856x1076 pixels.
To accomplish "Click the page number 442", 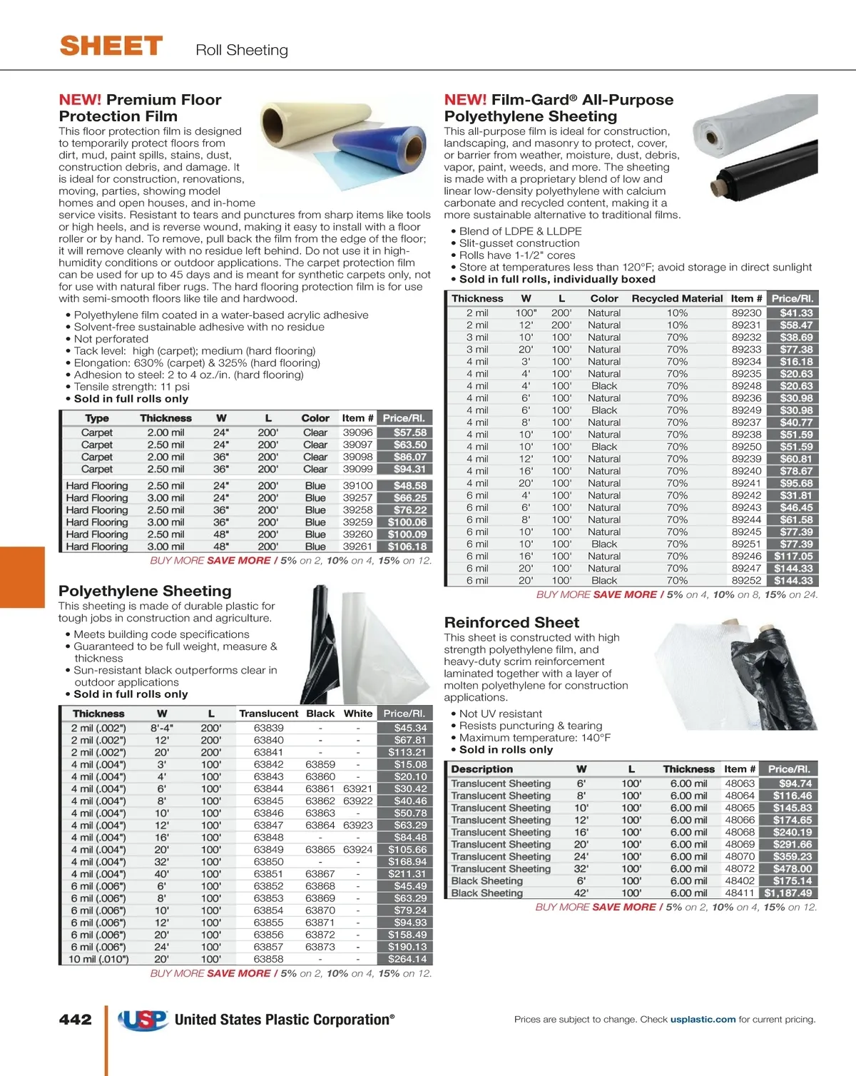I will (76, 1020).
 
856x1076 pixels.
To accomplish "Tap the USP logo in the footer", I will (143, 1020).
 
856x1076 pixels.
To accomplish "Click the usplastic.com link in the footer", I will (703, 1020).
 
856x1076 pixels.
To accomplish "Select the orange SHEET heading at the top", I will (111, 46).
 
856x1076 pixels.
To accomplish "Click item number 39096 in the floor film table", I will (357, 432).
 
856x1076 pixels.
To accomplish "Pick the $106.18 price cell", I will (407, 547).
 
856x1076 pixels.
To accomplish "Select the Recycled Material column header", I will (677, 298).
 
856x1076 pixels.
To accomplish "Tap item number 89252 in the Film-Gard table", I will (746, 580).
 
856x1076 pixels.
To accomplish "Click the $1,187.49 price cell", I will (788, 893).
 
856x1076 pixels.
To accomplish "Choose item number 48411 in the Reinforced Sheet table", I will (740, 893).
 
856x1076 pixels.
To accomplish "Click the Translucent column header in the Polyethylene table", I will (268, 714).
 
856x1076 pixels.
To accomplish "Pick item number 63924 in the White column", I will (357, 850).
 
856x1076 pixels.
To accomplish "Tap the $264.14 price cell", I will (407, 959).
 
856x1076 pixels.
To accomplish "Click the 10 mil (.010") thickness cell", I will (98, 959).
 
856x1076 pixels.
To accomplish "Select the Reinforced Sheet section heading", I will (511, 622).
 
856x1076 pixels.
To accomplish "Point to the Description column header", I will (481, 769).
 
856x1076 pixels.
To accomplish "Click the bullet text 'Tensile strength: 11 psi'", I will (132, 387).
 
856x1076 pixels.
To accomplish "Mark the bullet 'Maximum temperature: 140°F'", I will (534, 738).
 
